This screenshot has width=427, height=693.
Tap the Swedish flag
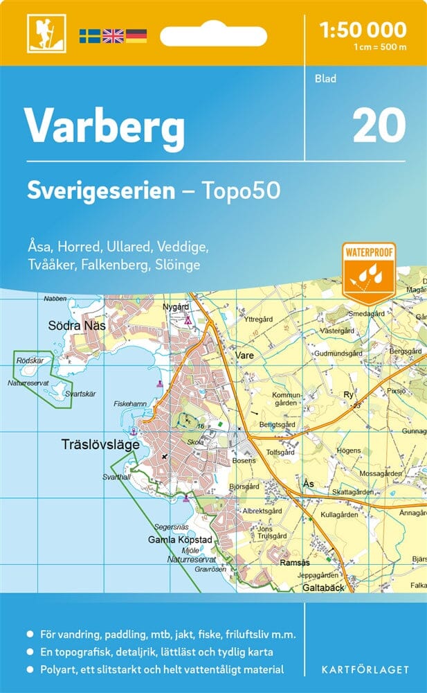coord(90,35)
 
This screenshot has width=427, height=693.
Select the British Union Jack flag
coord(113,35)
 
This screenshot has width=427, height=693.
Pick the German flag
coord(136,35)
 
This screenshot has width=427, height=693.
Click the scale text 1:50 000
coord(363,30)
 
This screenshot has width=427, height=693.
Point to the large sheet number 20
coord(379,125)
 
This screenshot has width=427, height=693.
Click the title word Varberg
coord(105,126)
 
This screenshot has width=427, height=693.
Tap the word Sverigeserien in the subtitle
coord(101,191)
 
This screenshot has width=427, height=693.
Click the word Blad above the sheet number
coord(324,78)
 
